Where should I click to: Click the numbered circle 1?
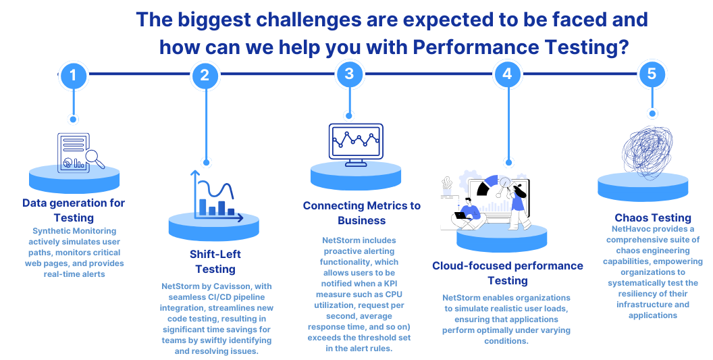coord(73,75)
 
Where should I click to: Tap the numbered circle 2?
coord(205,75)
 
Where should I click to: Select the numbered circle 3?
coord(349,74)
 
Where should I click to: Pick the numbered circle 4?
coord(508,74)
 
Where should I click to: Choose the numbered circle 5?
coord(652,74)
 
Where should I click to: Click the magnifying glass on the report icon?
coord(95,159)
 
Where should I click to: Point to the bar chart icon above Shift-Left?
coord(217,196)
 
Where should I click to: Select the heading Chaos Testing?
coord(652,217)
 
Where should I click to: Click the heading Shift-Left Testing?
coord(215,261)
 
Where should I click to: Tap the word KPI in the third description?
coord(391,284)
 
